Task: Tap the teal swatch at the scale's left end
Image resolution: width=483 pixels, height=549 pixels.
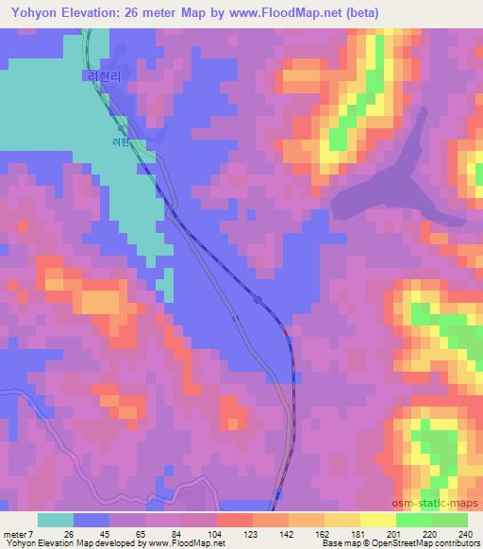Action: coord(56,520)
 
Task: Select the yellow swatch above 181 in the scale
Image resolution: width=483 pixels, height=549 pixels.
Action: coord(341,520)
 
